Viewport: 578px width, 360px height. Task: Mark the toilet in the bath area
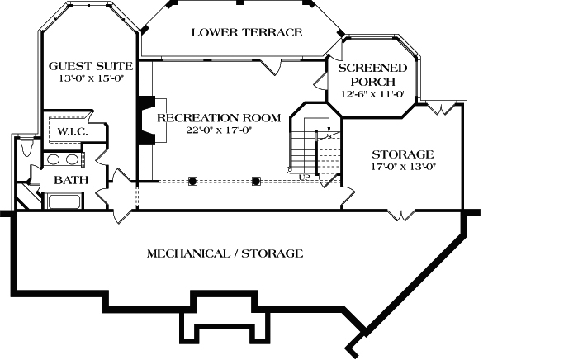pyautogui.click(x=26, y=149)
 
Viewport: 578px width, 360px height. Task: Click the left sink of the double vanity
pyautogui.click(x=52, y=159)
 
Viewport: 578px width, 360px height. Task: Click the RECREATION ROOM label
pyautogui.click(x=218, y=117)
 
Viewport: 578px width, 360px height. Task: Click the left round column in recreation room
pyautogui.click(x=192, y=180)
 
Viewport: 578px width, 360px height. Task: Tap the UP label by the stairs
pyautogui.click(x=305, y=176)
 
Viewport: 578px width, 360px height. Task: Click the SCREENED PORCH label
pyautogui.click(x=374, y=75)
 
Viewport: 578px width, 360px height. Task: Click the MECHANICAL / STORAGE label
pyautogui.click(x=225, y=253)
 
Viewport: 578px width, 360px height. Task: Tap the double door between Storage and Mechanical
pyautogui.click(x=402, y=215)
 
